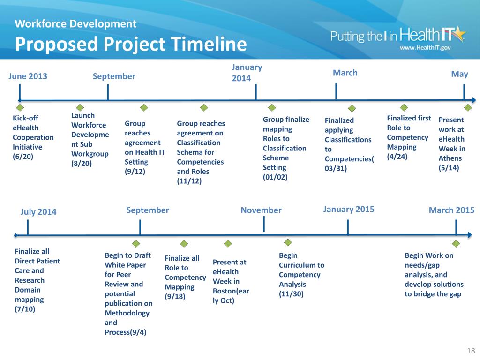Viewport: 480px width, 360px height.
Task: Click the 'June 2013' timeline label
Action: pyautogui.click(x=28, y=76)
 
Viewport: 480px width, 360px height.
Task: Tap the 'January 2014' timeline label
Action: pyautogui.click(x=247, y=73)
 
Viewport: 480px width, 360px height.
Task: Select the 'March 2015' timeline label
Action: pyautogui.click(x=451, y=210)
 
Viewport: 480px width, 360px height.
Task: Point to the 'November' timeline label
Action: pyautogui.click(x=261, y=210)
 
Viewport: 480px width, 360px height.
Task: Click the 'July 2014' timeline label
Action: pyautogui.click(x=38, y=211)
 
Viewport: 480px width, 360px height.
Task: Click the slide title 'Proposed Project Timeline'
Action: pyautogui.click(x=131, y=45)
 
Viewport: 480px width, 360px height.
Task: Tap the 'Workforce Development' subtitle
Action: pyautogui.click(x=75, y=23)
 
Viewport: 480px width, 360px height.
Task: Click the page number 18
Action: pyautogui.click(x=471, y=351)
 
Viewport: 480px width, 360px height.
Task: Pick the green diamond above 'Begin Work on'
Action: pyautogui.click(x=455, y=243)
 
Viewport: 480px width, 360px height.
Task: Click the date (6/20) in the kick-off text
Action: pyautogui.click(x=23, y=157)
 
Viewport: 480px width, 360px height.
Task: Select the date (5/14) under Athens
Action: pyautogui.click(x=449, y=167)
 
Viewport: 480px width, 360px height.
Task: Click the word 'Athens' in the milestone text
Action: pyautogui.click(x=450, y=158)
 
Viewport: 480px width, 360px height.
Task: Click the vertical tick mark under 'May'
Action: pyautogui.click(x=464, y=91)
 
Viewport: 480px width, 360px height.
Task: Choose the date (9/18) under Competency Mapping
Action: pyautogui.click(x=175, y=296)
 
